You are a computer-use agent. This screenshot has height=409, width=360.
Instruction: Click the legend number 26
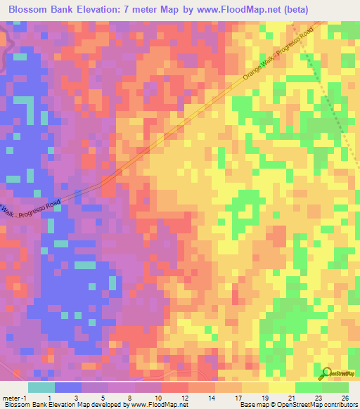345,398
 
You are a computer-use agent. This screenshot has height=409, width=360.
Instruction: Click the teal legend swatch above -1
41,387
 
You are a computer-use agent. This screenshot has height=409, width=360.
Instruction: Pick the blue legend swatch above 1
68,387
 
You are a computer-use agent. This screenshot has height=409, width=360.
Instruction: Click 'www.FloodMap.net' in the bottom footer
159,405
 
